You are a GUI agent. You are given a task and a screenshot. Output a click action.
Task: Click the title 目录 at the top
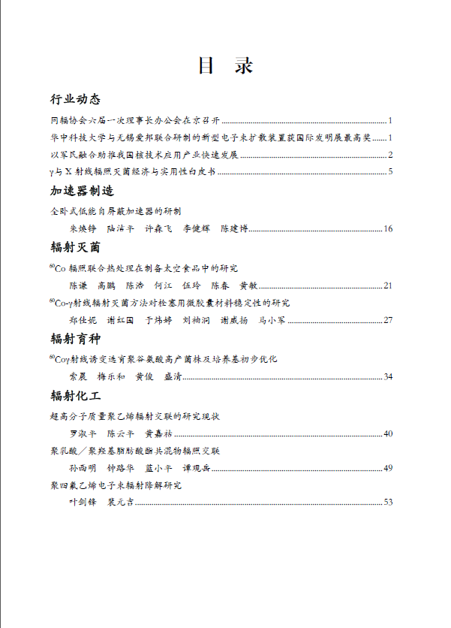[x=224, y=66]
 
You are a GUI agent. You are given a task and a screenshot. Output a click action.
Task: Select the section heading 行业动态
[x=75, y=100]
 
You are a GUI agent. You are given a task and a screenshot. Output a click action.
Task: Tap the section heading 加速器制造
[x=82, y=191]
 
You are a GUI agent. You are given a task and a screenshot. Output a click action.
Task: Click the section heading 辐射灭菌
[x=75, y=247]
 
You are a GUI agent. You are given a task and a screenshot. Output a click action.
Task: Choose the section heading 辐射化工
[x=75, y=394]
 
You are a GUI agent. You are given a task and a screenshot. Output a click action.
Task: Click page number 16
[x=388, y=228]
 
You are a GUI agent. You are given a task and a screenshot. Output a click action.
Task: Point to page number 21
[x=388, y=285]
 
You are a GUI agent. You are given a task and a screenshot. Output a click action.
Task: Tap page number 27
[x=388, y=320]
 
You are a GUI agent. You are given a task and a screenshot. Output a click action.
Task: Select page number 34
[x=388, y=376]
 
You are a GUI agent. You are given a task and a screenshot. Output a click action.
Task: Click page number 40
[x=388, y=433]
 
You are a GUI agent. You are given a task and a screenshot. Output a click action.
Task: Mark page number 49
[x=388, y=468]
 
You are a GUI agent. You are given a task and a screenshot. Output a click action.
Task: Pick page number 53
[x=388, y=502]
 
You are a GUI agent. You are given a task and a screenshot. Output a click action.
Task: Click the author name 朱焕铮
[x=83, y=228]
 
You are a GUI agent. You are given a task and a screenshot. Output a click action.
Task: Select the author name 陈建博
[x=235, y=228]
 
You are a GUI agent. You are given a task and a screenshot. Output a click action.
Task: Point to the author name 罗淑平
[x=83, y=433]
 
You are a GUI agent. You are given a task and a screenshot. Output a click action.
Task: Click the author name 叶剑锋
[x=83, y=502]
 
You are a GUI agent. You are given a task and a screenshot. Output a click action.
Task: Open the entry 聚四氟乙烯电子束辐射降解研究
[x=116, y=485]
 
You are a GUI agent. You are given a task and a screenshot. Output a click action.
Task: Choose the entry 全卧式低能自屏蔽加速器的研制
[x=116, y=212]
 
